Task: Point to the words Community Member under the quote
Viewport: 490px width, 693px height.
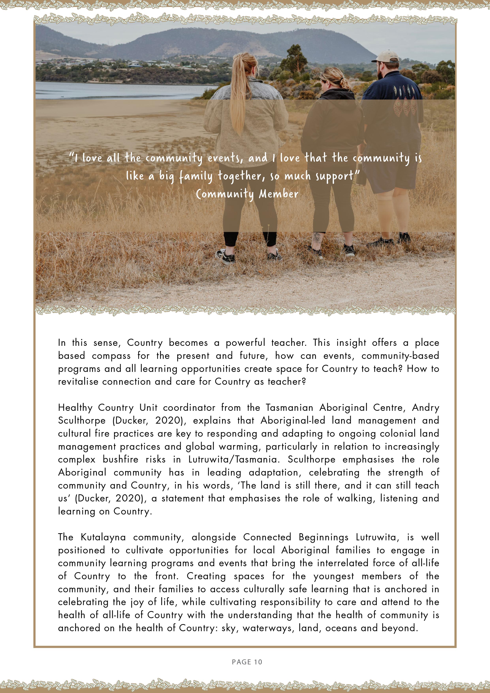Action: tap(247, 194)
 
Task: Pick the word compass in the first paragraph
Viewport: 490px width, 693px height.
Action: tap(111, 356)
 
